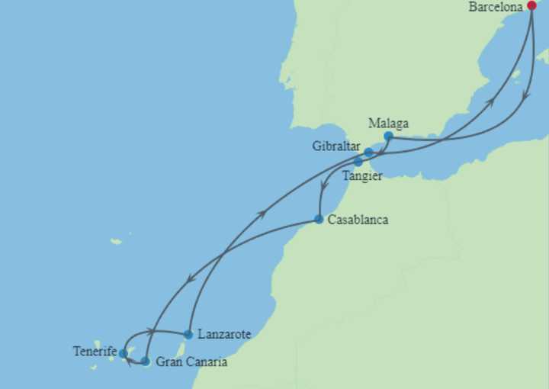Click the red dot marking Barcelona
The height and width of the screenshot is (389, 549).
click(x=531, y=5)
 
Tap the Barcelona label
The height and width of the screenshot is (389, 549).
click(x=496, y=7)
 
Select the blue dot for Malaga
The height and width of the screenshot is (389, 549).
click(x=388, y=137)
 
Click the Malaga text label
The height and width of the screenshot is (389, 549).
click(x=388, y=123)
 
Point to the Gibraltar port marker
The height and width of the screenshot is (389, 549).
click(x=368, y=153)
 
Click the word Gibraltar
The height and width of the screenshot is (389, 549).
click(x=336, y=146)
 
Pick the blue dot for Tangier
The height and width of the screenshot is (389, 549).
click(x=358, y=162)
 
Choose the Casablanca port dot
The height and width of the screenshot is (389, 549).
click(x=319, y=220)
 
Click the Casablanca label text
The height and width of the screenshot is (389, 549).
click(x=358, y=220)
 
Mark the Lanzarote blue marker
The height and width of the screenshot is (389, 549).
click(x=188, y=334)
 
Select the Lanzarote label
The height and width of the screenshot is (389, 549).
click(x=223, y=334)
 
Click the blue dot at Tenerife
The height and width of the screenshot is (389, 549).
click(x=123, y=353)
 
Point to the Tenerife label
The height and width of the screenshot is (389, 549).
click(x=95, y=352)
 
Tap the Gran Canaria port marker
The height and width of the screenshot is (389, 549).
click(x=146, y=361)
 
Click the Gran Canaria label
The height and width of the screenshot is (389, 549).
click(x=191, y=362)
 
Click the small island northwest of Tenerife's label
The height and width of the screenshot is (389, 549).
click(x=116, y=242)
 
